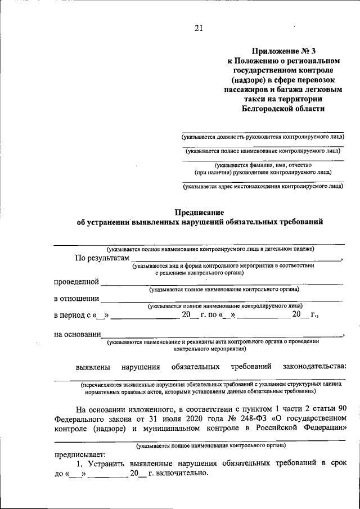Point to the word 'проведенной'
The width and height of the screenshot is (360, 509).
(x=76, y=281)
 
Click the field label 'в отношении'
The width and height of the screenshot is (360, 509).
(x=76, y=298)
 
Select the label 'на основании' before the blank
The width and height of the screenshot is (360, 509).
(x=78, y=334)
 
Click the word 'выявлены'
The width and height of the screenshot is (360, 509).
(x=93, y=367)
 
